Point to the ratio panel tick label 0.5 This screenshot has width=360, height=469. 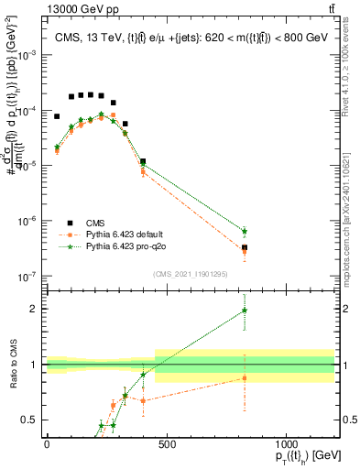28,420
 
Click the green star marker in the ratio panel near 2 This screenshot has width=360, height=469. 245,311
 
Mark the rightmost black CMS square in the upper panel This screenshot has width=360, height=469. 245,247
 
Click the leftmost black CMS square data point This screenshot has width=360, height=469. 57,116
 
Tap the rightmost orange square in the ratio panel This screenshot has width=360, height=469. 245,377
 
